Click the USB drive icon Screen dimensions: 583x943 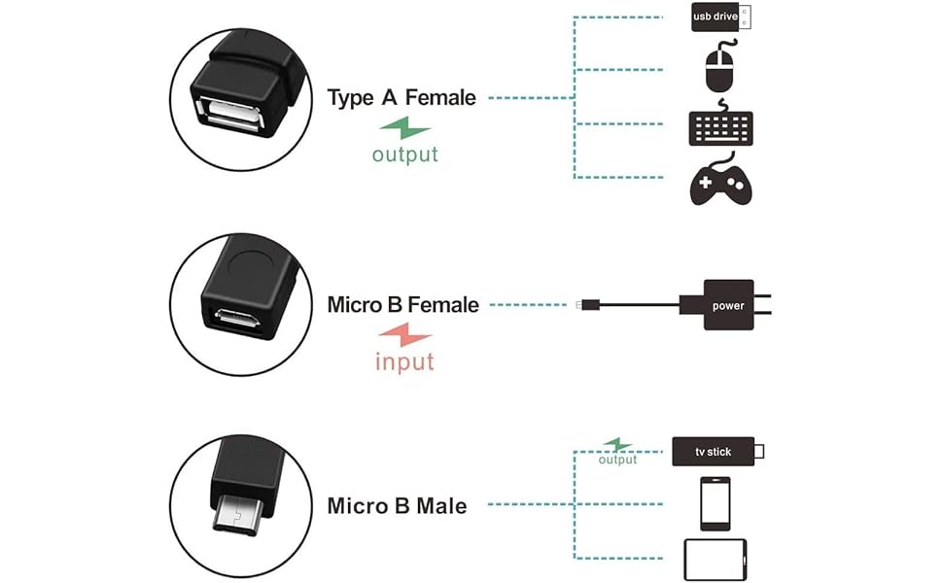coord(720,17)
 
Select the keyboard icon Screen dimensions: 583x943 coord(720,125)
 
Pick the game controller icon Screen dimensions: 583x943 coord(720,183)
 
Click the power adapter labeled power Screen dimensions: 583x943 coord(726,305)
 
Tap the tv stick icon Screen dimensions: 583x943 coord(717,452)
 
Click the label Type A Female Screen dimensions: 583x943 coord(402,98)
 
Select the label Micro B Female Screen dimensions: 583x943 coord(402,305)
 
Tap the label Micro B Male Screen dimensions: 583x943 coord(397,506)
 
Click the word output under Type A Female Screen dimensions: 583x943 coord(405,154)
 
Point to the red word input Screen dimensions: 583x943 coord(404,362)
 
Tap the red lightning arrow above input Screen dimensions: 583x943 coord(404,335)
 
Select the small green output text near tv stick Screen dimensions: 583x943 coord(617,460)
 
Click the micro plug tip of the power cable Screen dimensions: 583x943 coord(580,305)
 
